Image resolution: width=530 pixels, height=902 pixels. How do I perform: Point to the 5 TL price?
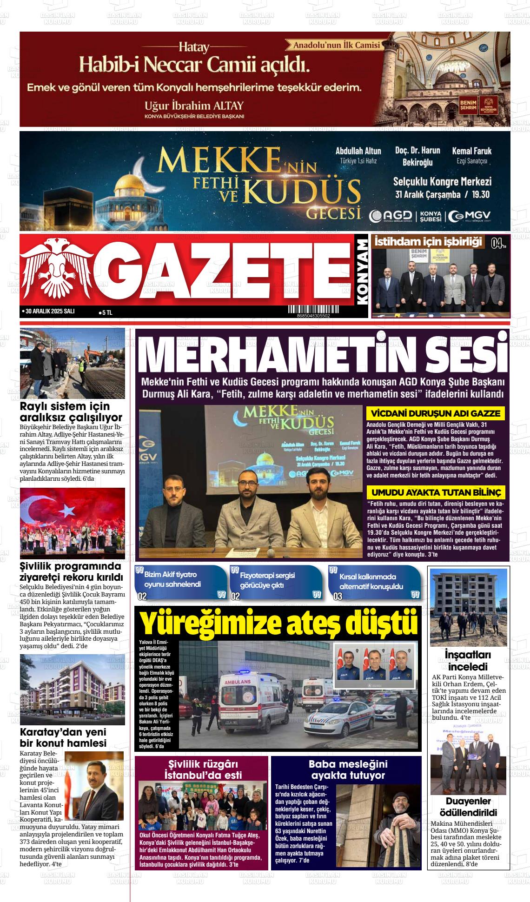point(106,313)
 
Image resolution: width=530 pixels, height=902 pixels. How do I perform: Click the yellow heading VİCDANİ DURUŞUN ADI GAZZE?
point(436,413)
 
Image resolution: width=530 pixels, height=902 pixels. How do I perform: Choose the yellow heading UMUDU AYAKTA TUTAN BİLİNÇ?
point(436,492)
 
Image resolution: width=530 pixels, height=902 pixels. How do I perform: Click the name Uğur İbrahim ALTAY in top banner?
point(193,105)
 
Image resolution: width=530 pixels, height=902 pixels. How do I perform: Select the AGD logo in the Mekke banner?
point(391,216)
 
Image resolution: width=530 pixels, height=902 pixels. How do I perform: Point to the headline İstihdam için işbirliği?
point(428,241)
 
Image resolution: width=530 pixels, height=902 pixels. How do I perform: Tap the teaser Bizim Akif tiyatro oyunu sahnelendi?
point(173,579)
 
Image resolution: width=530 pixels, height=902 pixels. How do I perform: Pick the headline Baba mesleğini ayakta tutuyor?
point(348,769)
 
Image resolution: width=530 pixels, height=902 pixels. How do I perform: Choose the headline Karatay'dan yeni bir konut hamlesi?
point(63,738)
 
